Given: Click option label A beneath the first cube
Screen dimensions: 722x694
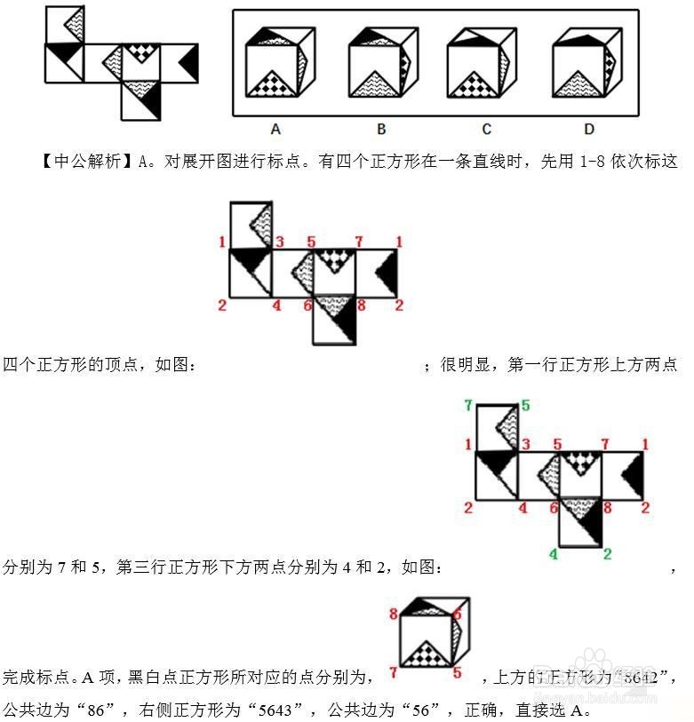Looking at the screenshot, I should click(x=275, y=130).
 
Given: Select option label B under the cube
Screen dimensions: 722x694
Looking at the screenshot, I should click(x=381, y=130).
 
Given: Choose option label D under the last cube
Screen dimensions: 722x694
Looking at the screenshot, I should click(x=589, y=130).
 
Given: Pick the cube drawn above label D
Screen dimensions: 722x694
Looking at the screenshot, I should click(x=586, y=62).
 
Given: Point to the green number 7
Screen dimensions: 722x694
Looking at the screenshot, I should click(x=468, y=406).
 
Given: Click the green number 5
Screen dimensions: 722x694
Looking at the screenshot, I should click(x=525, y=406).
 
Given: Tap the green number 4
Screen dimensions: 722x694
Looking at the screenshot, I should click(x=553, y=555).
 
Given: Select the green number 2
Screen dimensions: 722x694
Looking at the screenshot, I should click(x=608, y=555).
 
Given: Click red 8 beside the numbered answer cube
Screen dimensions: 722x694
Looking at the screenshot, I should click(x=393, y=614).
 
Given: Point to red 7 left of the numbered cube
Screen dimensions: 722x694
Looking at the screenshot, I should click(x=392, y=672).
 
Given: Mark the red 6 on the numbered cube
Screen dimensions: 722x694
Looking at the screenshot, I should click(x=457, y=614).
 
